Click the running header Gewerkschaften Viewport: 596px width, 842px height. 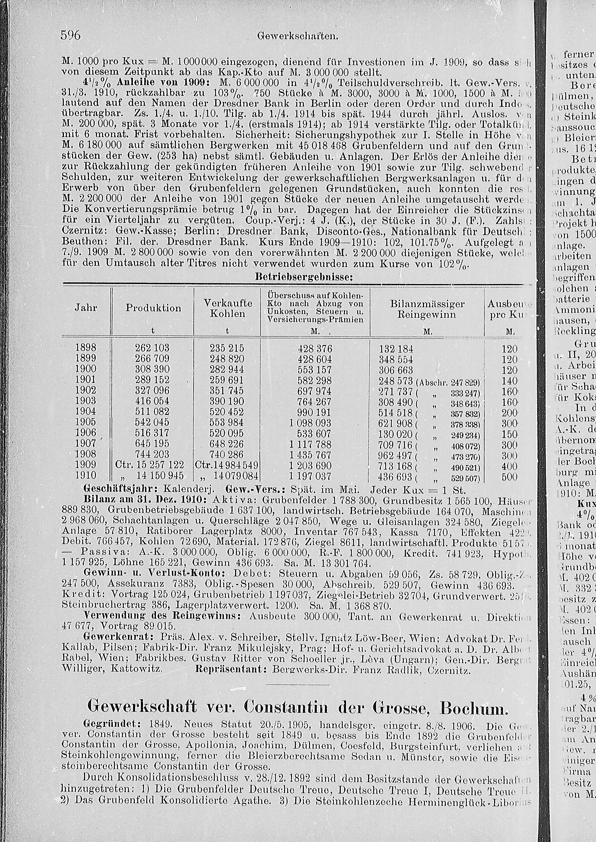pos(298,36)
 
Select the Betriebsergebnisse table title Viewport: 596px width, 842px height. pos(303,277)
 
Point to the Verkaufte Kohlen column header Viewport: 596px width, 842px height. pos(228,308)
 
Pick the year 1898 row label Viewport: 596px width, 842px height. pos(86,348)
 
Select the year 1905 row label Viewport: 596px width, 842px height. pos(86,422)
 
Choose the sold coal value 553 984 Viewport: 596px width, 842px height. pos(226,422)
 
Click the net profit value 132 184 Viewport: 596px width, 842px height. pos(396,349)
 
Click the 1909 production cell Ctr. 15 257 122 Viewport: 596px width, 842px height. pos(149,465)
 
